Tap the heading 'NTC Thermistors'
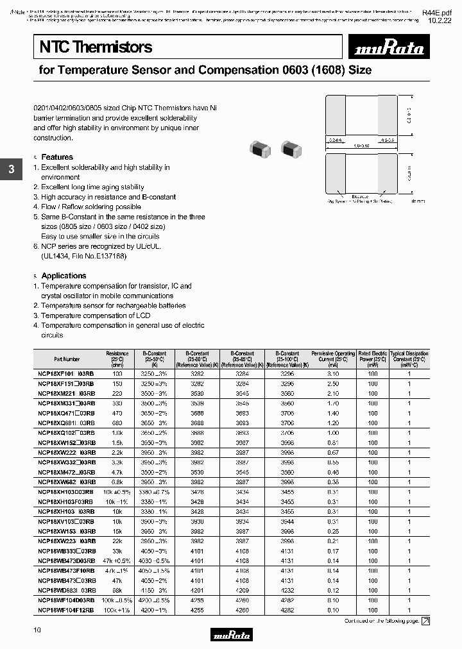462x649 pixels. point(96,47)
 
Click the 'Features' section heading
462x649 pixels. point(57,157)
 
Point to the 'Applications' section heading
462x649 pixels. point(64,276)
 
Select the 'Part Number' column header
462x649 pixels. point(67,360)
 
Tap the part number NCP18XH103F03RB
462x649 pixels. point(65,501)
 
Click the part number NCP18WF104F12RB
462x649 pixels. point(66,610)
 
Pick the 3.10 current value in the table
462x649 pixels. point(333,373)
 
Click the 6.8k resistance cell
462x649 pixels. point(117,482)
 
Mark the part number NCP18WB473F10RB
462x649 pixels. point(66,570)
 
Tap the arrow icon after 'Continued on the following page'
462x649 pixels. point(425,621)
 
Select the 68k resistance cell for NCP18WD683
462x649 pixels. point(117,590)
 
